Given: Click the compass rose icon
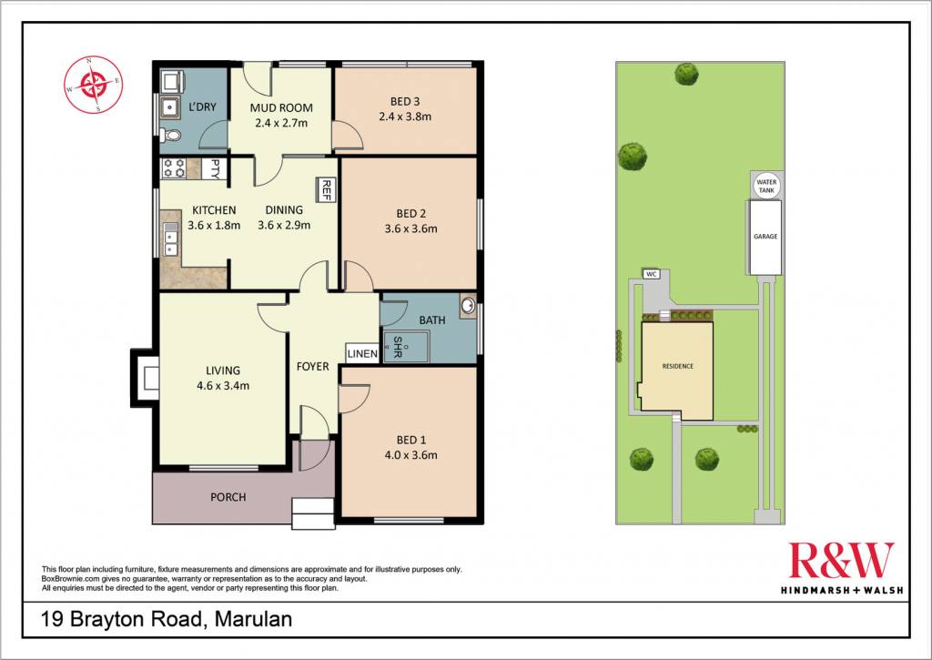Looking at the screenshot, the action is (x=94, y=85).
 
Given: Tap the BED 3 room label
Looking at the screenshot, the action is (x=405, y=102).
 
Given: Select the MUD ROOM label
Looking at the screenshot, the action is (x=281, y=107).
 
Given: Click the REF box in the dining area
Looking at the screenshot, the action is (x=325, y=189).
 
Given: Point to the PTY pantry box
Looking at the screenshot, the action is (x=211, y=168).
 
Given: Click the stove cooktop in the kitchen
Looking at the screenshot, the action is (x=174, y=168).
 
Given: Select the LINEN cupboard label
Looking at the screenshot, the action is (x=362, y=354).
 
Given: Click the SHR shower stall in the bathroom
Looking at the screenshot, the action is (x=405, y=347).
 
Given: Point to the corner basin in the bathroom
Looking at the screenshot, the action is (x=469, y=306).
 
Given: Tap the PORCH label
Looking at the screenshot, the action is (x=228, y=497).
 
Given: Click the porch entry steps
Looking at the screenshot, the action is (x=313, y=513).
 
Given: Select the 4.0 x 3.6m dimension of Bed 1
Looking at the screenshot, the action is (x=410, y=455).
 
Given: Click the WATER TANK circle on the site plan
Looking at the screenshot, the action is (x=766, y=186).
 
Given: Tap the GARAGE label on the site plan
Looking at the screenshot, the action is (x=765, y=237).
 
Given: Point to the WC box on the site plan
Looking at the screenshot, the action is (x=652, y=274).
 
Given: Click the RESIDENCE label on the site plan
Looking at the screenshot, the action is (x=677, y=366).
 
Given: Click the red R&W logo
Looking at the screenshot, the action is (x=841, y=560).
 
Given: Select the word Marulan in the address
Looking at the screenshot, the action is (x=253, y=620).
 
